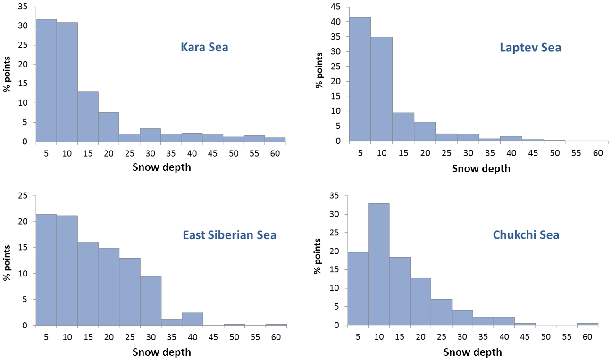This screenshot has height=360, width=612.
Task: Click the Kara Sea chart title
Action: point(204,47)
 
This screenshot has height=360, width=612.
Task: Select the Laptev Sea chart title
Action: point(530,48)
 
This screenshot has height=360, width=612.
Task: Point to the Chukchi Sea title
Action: point(526,234)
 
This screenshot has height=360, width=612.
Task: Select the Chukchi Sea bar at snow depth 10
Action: point(378,264)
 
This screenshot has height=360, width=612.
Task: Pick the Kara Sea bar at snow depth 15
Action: point(88,116)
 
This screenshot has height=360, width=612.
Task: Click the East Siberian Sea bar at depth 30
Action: point(151,301)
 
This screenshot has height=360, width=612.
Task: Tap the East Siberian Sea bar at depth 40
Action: point(192,318)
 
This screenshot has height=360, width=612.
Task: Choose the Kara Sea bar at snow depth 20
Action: point(109,126)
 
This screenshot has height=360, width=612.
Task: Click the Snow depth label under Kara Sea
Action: point(161,167)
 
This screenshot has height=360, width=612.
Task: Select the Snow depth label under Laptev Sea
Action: point(481,168)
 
